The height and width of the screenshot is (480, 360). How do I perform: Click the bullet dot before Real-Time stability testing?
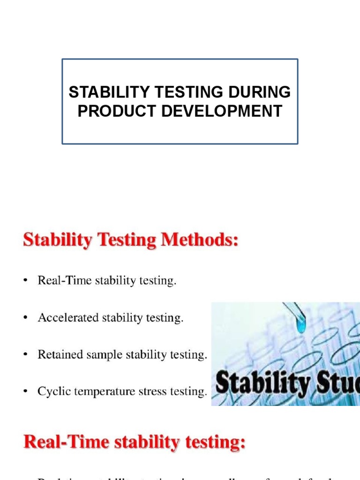coord(26,281)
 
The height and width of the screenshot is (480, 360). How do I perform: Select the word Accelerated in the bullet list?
coord(65,318)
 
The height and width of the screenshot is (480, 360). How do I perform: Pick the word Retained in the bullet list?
coord(59,355)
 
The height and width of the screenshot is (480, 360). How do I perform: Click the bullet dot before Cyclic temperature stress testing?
coord(26,392)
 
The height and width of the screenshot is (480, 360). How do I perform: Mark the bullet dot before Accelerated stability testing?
coord(26,318)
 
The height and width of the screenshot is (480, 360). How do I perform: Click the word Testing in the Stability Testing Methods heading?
coord(123,241)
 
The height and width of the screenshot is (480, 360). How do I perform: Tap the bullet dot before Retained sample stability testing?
coord(26,355)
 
